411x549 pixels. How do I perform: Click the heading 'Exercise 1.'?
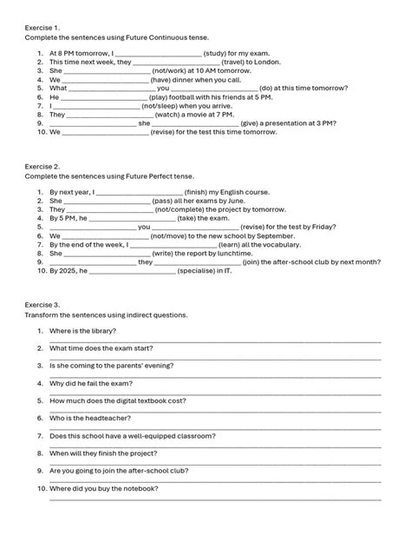pos(42,27)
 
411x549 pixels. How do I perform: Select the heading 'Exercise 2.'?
pos(42,165)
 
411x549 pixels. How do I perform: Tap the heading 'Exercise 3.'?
pos(42,305)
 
